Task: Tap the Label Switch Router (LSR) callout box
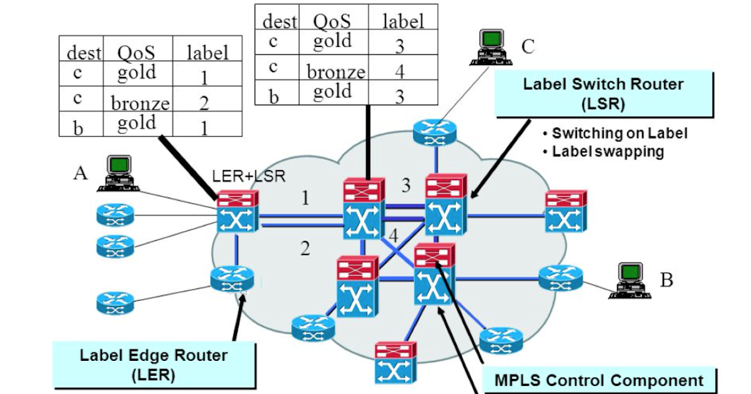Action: click(x=603, y=93)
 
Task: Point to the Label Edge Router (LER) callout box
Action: click(x=153, y=365)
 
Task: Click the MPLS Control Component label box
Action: click(x=599, y=380)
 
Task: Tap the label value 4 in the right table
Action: click(x=399, y=71)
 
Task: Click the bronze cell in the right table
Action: click(x=335, y=72)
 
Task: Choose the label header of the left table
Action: click(x=208, y=53)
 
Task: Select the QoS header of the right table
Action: click(x=332, y=21)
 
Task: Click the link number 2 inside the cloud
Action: click(x=305, y=249)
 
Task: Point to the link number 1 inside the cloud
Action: click(x=305, y=199)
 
